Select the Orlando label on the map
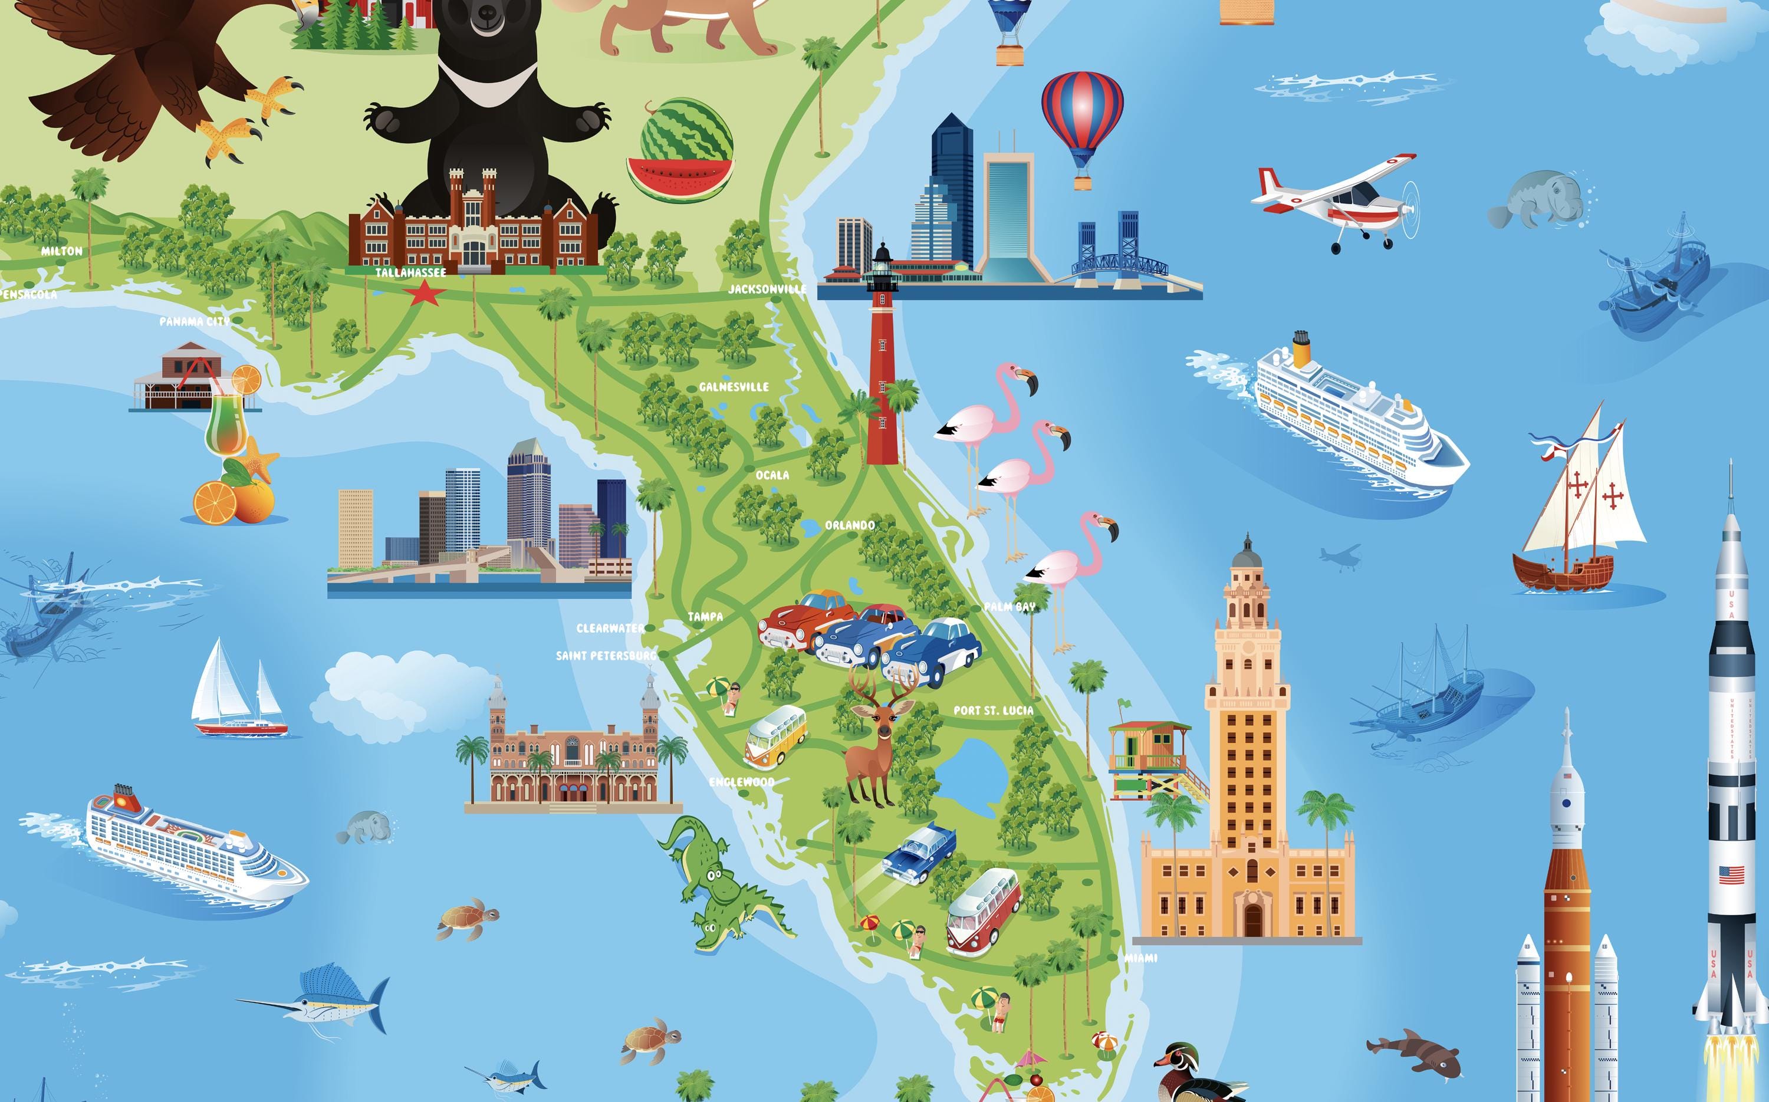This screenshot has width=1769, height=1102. coord(849,525)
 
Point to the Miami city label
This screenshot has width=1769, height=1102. coord(1140,958)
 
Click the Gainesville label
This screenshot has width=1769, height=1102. coord(734,387)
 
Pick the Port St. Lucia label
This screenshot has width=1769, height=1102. coord(993,710)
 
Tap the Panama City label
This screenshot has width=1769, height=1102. coord(194,321)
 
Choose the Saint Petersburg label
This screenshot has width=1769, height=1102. coord(606,656)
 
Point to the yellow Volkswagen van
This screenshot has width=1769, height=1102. coord(775,736)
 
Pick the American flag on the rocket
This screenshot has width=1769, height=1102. coord(1731,874)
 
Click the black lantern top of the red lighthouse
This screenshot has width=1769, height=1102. coord(882,255)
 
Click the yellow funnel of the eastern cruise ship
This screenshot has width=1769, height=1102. coord(1301,348)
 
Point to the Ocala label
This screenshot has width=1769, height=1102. coord(772,475)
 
